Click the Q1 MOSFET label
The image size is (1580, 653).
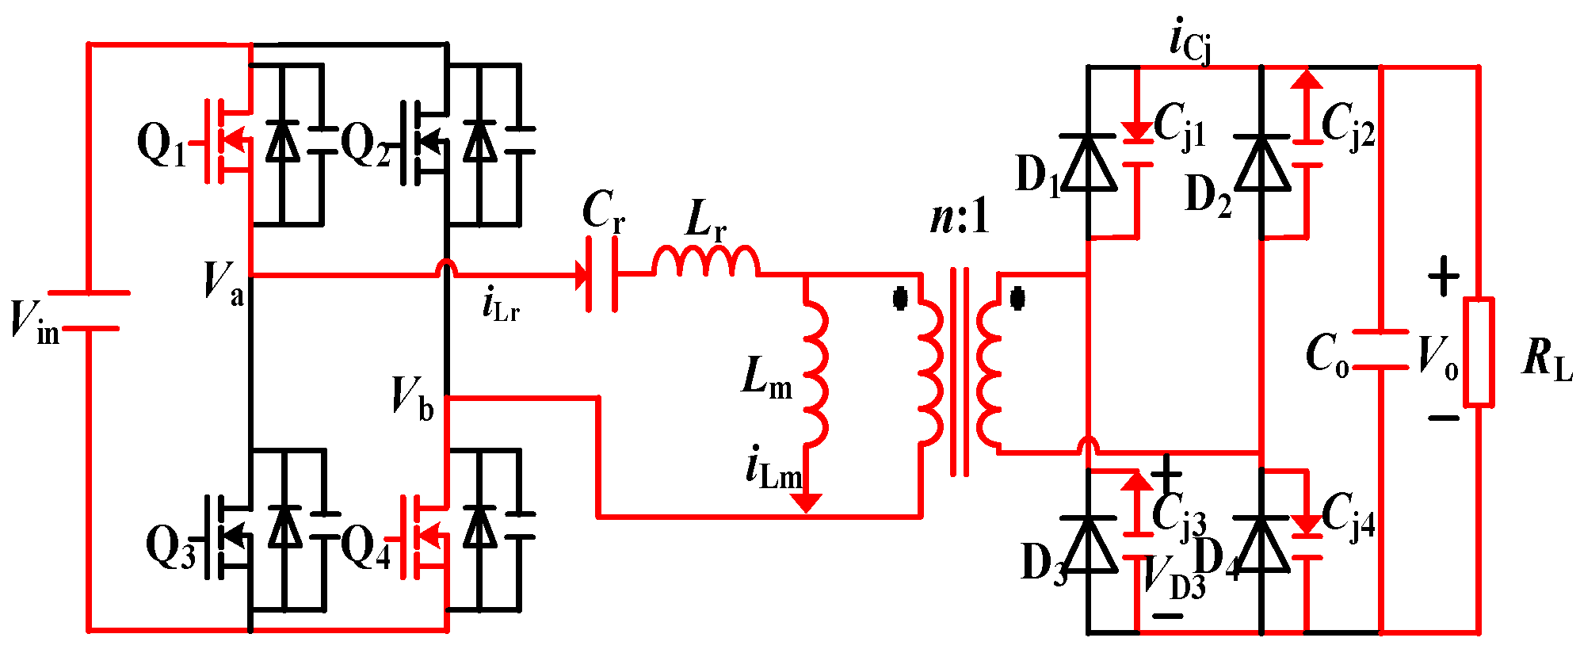pos(161,146)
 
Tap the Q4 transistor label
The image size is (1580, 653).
pos(366,548)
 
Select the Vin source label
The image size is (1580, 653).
pos(34,321)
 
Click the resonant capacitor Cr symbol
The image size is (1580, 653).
pos(602,276)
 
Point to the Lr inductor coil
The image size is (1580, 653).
pos(705,262)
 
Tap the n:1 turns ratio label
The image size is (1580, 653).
pos(960,217)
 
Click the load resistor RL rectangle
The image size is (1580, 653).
pos(1478,353)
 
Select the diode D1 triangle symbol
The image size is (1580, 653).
pos(1088,163)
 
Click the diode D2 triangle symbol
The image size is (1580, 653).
pos(1261,163)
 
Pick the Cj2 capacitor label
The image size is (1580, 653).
pos(1348,126)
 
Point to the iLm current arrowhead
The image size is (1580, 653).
pos(807,502)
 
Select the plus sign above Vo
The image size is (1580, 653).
pos(1443,277)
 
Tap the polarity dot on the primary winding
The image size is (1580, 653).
pos(899,300)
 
